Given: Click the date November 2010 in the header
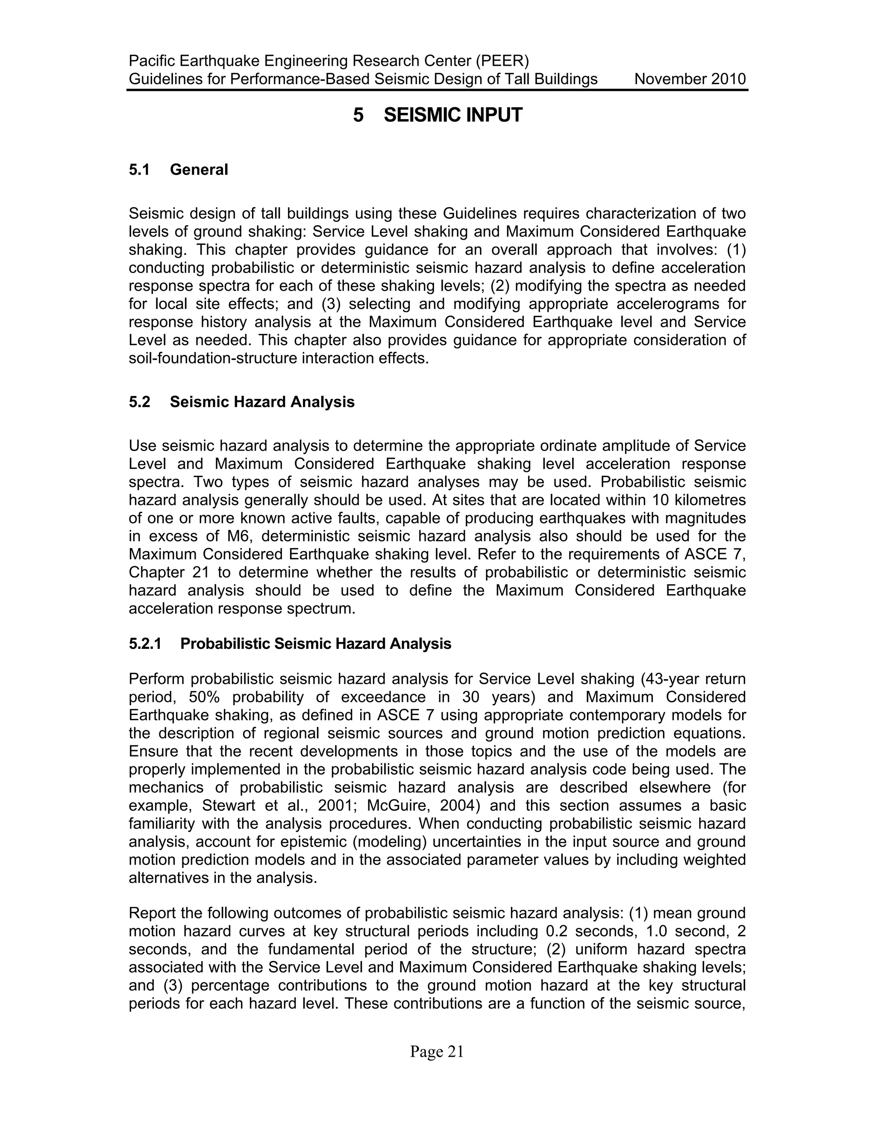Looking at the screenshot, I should [690, 79].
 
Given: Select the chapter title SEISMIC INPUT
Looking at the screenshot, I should [452, 115].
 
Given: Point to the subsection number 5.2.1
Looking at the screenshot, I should [145, 644].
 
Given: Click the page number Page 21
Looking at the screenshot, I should [437, 1052].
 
